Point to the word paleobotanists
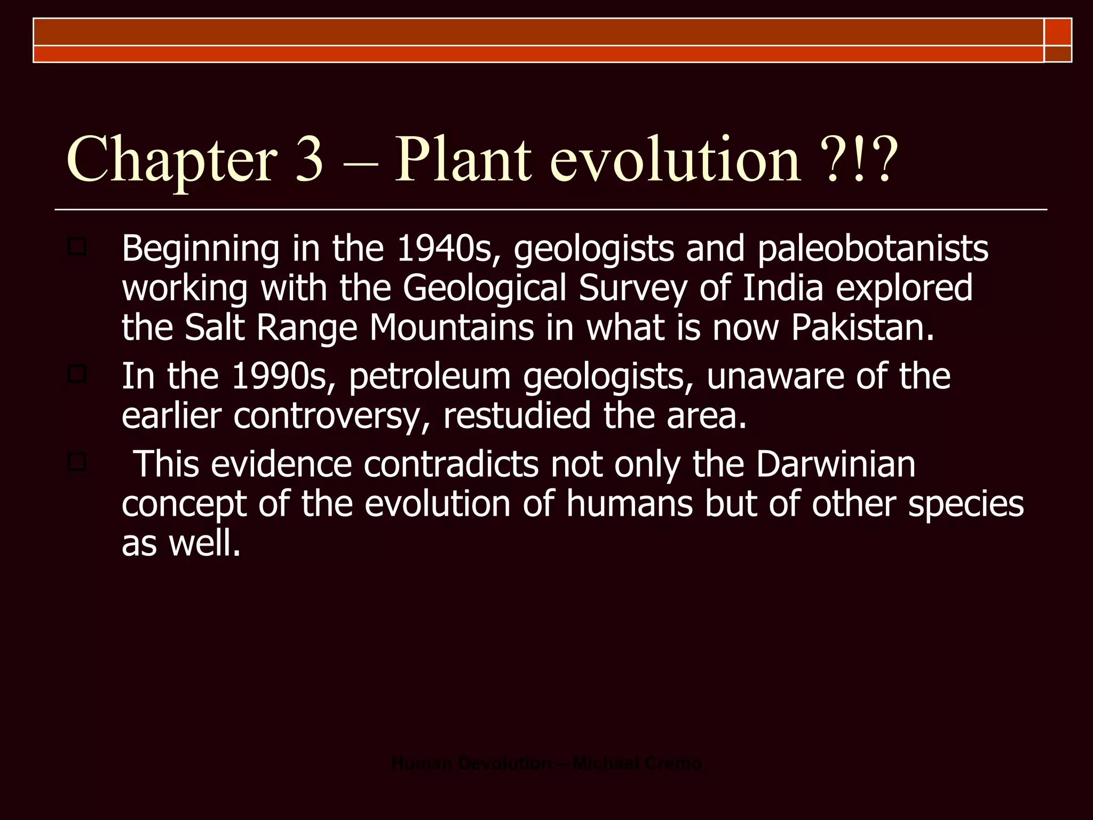pyautogui.click(x=873, y=249)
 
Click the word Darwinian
pyautogui.click(x=835, y=464)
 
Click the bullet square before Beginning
pyautogui.click(x=77, y=247)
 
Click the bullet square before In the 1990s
pyautogui.click(x=77, y=374)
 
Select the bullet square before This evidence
pyautogui.click(x=77, y=462)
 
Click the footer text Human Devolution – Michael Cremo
pyautogui.click(x=546, y=763)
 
